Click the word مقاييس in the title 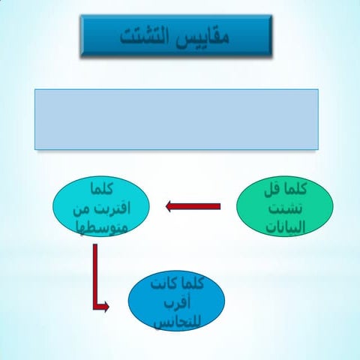(202, 35)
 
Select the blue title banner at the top (175, 36)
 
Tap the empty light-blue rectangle (176, 119)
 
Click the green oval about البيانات (283, 206)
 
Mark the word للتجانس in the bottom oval (177, 321)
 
